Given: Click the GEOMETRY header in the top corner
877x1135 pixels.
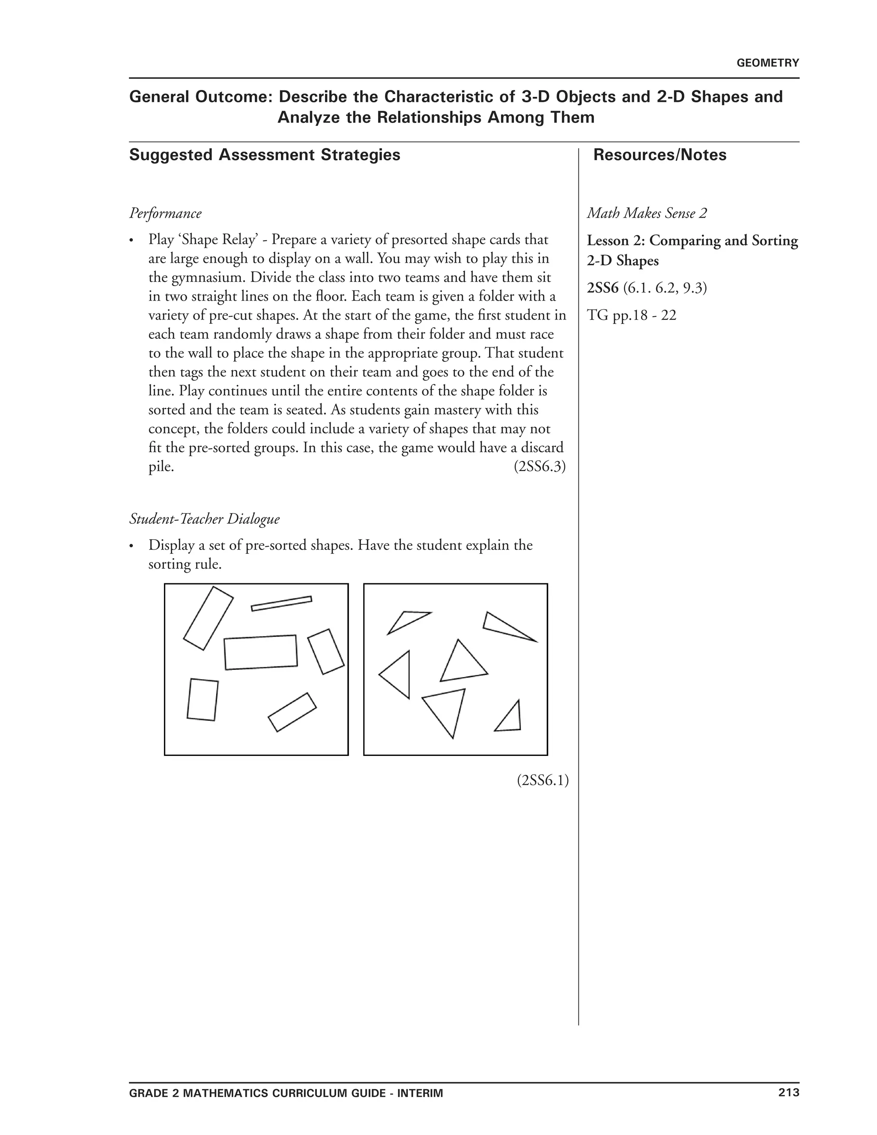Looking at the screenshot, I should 767,63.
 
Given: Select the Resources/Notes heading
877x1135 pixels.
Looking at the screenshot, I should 659,155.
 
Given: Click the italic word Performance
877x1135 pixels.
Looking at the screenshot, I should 165,214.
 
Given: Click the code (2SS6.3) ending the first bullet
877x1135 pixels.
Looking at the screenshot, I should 539,467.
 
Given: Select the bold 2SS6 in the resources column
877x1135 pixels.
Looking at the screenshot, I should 603,288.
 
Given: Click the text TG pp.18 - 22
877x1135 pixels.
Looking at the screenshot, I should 631,316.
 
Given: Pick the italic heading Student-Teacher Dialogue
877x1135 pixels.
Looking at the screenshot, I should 204,519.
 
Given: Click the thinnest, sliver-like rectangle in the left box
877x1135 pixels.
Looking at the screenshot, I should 281,603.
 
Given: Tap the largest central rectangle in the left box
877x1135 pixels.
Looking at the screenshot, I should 260,652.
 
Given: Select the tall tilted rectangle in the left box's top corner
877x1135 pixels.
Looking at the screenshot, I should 208,618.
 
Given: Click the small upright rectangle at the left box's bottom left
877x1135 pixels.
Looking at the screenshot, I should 202,699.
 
